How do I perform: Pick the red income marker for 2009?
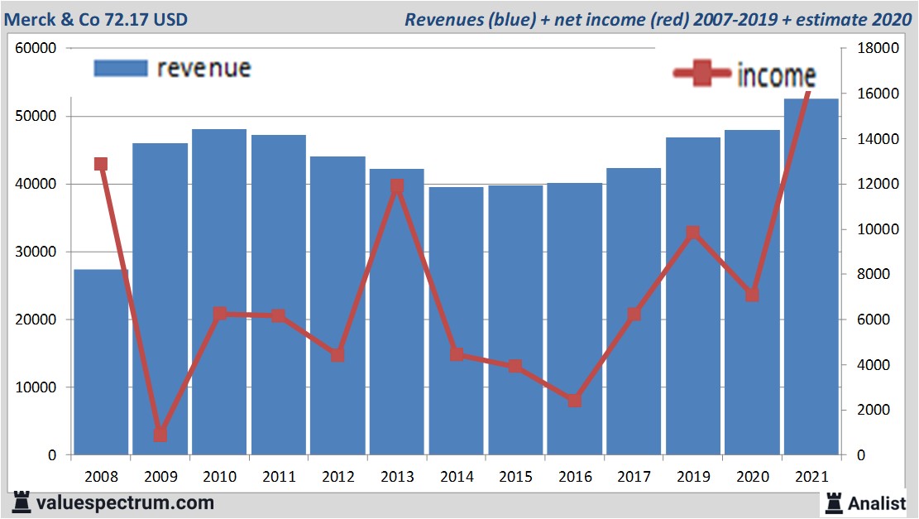coord(160,434)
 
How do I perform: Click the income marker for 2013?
coord(397,187)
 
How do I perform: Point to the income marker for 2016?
coord(575,401)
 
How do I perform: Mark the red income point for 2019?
coord(693,233)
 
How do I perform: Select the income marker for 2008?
coord(101,164)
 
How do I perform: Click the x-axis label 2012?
coord(337,478)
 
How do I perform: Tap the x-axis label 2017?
coord(634,478)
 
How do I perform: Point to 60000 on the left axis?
coord(36,49)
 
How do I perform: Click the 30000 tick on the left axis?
coord(36,252)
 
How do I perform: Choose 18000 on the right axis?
coord(878,49)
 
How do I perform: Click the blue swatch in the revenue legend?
coord(121,68)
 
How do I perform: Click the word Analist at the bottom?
coord(878,502)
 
